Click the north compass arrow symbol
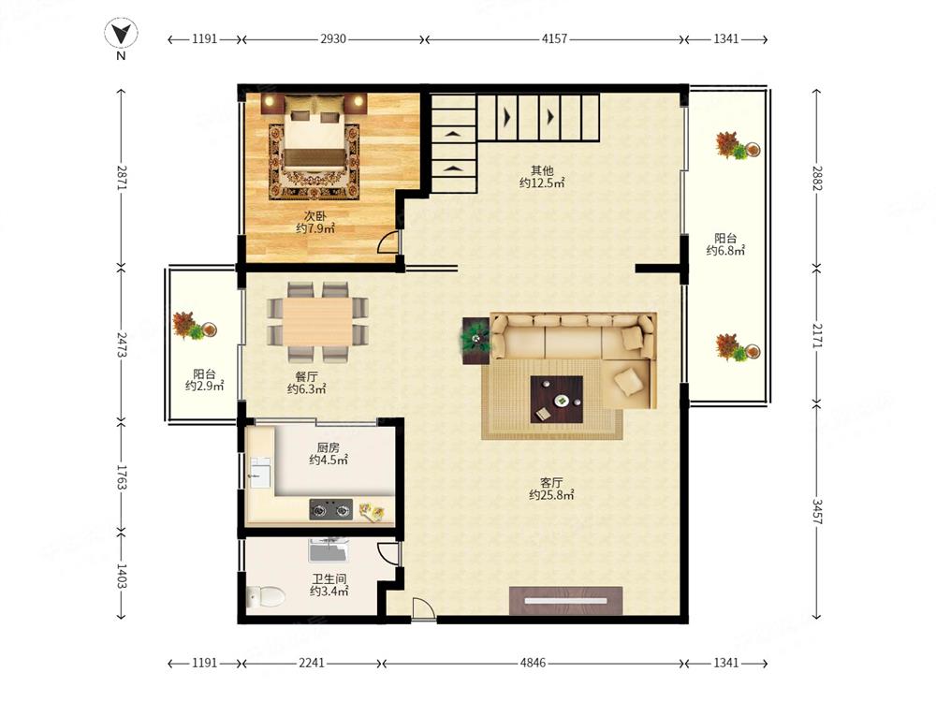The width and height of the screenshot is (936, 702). pos(121,34)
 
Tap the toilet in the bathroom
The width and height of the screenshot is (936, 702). pos(265,595)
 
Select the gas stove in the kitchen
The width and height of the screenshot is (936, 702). pos(330,510)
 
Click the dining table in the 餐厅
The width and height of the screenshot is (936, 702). pos(317,322)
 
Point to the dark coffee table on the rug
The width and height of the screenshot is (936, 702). pos(556,400)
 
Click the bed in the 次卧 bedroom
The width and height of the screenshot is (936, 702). pos(314,133)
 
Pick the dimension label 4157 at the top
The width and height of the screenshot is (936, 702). pos(554,38)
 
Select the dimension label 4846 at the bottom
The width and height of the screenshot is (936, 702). pos(533,663)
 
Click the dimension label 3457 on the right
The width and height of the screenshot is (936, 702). pos(816,512)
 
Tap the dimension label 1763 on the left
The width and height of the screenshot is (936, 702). pos(121,477)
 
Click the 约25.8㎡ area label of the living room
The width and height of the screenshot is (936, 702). pos(551,495)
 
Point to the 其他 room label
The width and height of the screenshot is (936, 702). pos(542,170)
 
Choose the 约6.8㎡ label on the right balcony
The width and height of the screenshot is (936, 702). pos(725,251)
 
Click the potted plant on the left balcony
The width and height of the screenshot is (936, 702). pos(194,326)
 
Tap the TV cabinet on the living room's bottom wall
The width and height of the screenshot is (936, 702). pos(566,601)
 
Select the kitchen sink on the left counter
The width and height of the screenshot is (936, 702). pos(259,472)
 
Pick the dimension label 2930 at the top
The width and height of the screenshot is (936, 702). pos(333,38)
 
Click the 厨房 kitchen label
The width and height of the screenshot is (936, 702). pos(329,447)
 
